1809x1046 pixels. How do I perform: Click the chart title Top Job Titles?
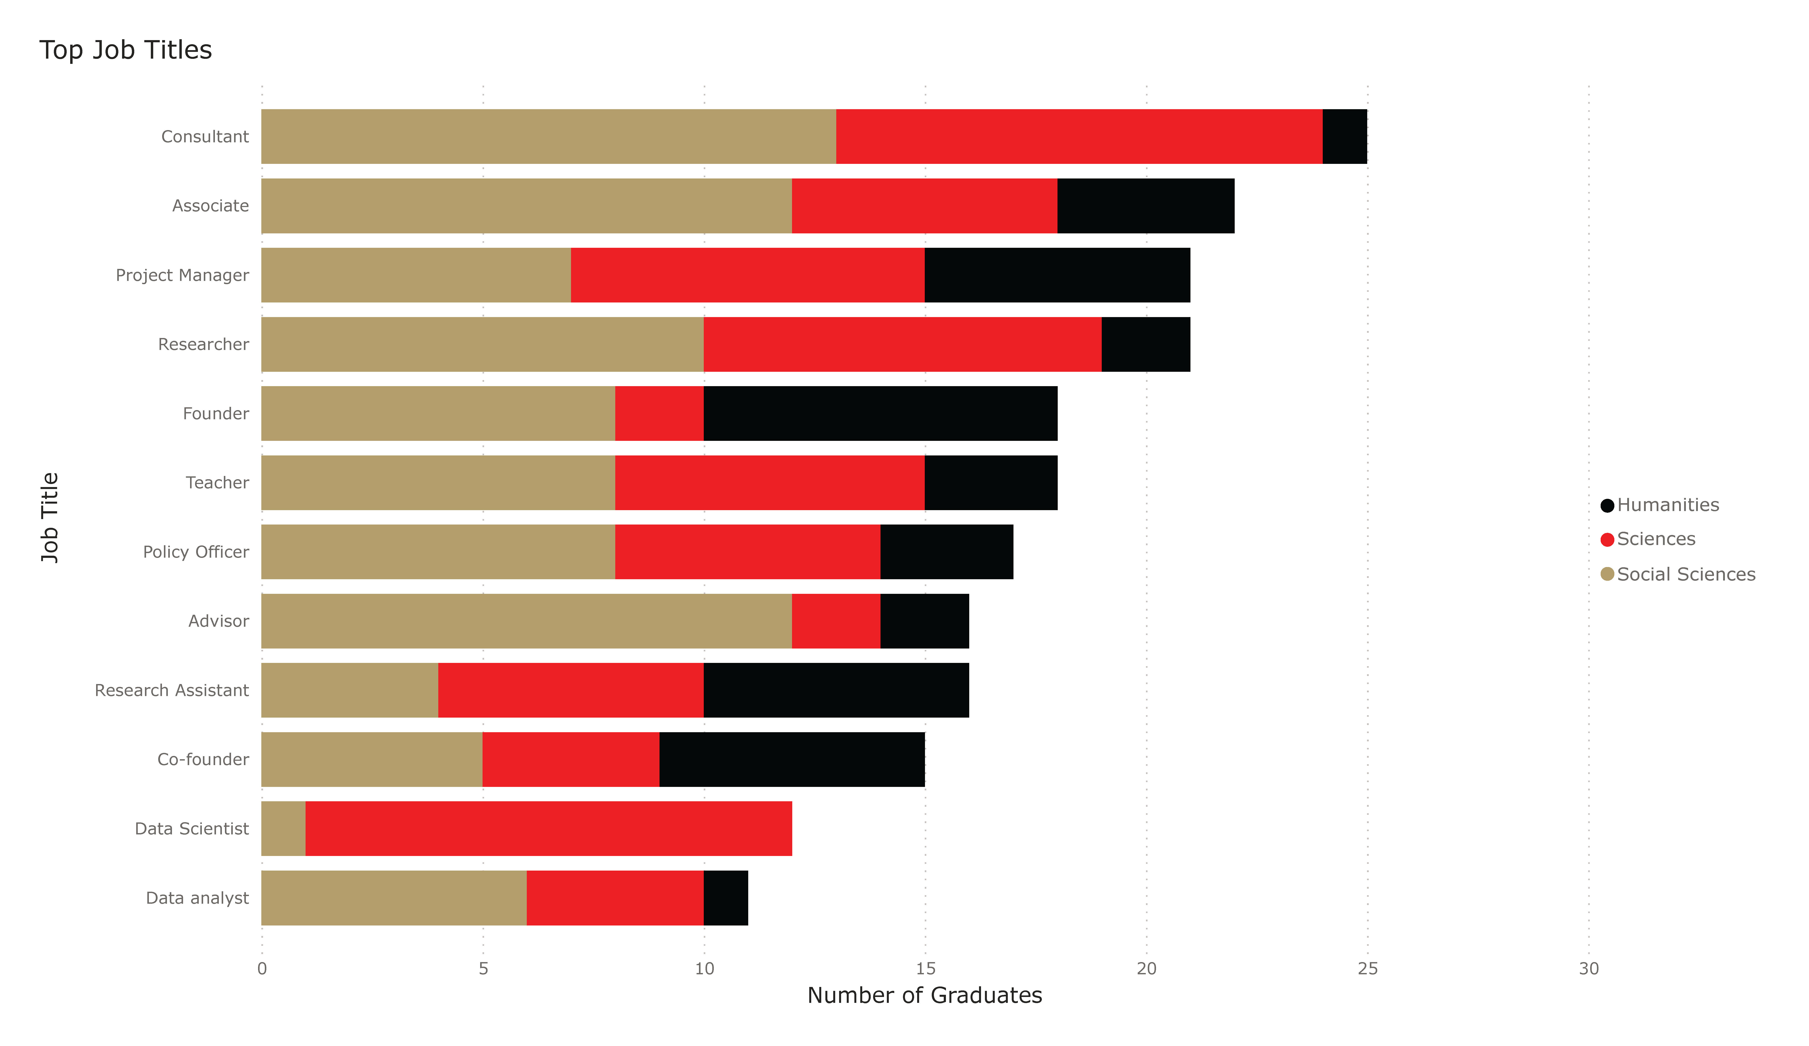(x=126, y=50)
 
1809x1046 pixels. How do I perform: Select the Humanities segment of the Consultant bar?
(x=1345, y=136)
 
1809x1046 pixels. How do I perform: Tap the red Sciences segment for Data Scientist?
(x=548, y=829)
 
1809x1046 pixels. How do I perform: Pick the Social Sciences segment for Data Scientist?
(x=284, y=829)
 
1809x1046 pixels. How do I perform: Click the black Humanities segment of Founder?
(x=880, y=414)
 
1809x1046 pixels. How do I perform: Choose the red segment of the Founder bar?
(x=659, y=414)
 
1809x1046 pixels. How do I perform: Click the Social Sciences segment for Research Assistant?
(x=350, y=690)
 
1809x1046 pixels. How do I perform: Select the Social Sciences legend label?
(x=1686, y=574)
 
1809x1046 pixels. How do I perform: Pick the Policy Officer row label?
(x=196, y=552)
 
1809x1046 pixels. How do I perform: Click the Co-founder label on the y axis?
(x=203, y=760)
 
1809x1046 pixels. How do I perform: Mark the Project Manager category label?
(x=182, y=275)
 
